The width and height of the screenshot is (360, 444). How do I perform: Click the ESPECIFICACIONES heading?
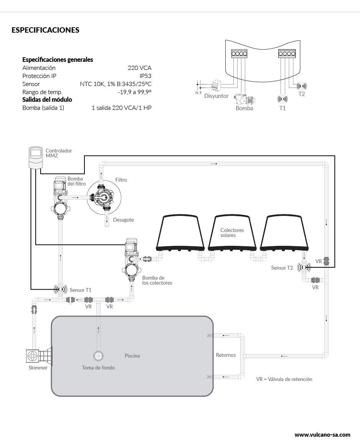45,30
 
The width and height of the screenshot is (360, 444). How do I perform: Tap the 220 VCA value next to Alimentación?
139,68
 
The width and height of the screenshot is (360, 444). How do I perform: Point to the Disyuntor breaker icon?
217,85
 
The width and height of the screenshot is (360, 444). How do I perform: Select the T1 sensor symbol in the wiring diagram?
282,99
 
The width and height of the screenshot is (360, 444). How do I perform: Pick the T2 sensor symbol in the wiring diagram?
302,86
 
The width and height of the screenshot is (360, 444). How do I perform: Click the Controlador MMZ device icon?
36,157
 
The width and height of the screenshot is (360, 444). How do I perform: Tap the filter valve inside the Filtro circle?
103,197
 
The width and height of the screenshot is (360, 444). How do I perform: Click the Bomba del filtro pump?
61,196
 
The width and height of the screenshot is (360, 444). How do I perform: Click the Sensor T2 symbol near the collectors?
305,268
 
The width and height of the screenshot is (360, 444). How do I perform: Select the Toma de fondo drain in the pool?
98,356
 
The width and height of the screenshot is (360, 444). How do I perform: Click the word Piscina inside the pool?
132,356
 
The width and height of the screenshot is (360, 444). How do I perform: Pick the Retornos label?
226,355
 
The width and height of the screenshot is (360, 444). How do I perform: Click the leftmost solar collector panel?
180,232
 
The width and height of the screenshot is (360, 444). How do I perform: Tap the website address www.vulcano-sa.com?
322,435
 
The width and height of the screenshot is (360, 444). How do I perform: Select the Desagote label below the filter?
123,220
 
